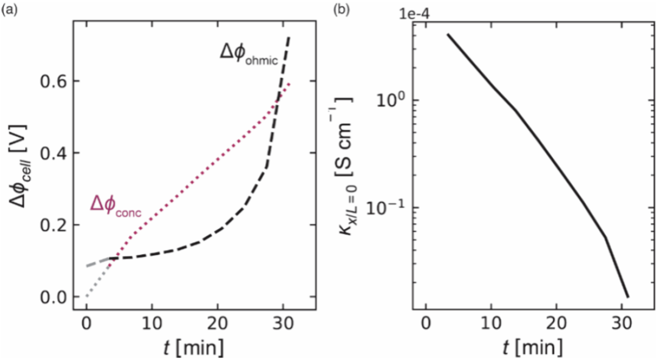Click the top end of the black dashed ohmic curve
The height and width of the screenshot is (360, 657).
click(289, 38)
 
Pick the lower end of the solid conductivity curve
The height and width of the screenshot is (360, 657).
click(627, 296)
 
